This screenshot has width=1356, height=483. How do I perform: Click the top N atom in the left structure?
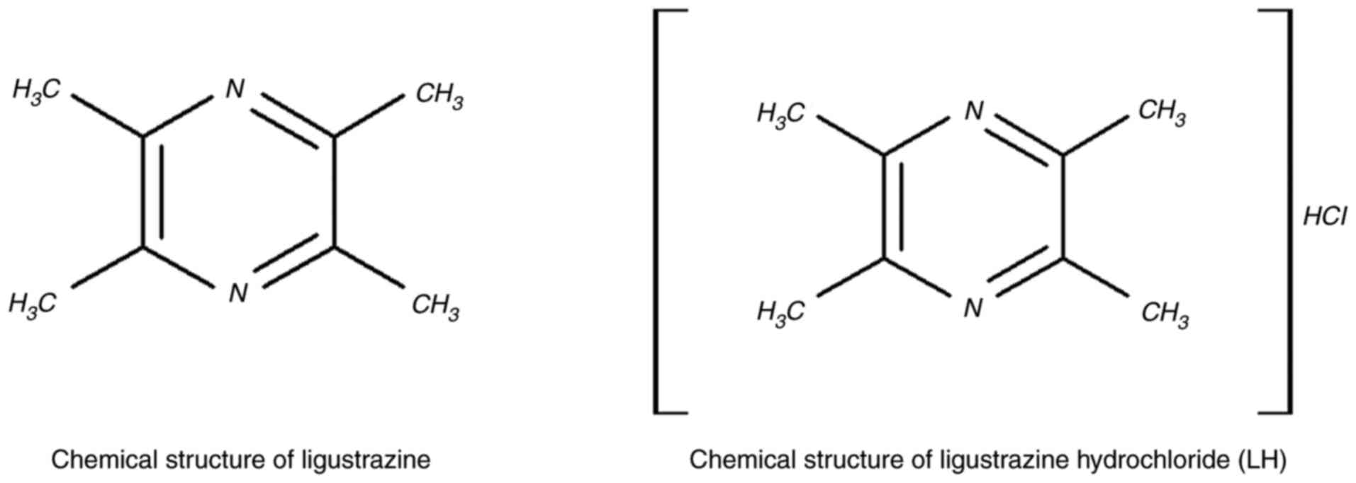coord(235,90)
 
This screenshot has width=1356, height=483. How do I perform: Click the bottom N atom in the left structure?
coord(237,292)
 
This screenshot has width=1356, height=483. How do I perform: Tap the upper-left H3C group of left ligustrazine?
coord(36,91)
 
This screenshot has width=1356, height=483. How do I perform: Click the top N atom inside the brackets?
coord(975,111)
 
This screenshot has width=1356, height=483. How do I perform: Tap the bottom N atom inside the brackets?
coord(973,308)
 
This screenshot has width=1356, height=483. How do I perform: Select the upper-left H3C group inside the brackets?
coord(780,114)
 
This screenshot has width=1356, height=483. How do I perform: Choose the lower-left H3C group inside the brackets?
coord(780,312)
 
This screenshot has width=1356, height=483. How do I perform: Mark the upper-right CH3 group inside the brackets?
coord(1162,113)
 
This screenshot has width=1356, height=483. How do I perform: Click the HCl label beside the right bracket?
coord(1325,217)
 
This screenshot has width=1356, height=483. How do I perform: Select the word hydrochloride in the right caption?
coord(1150,460)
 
